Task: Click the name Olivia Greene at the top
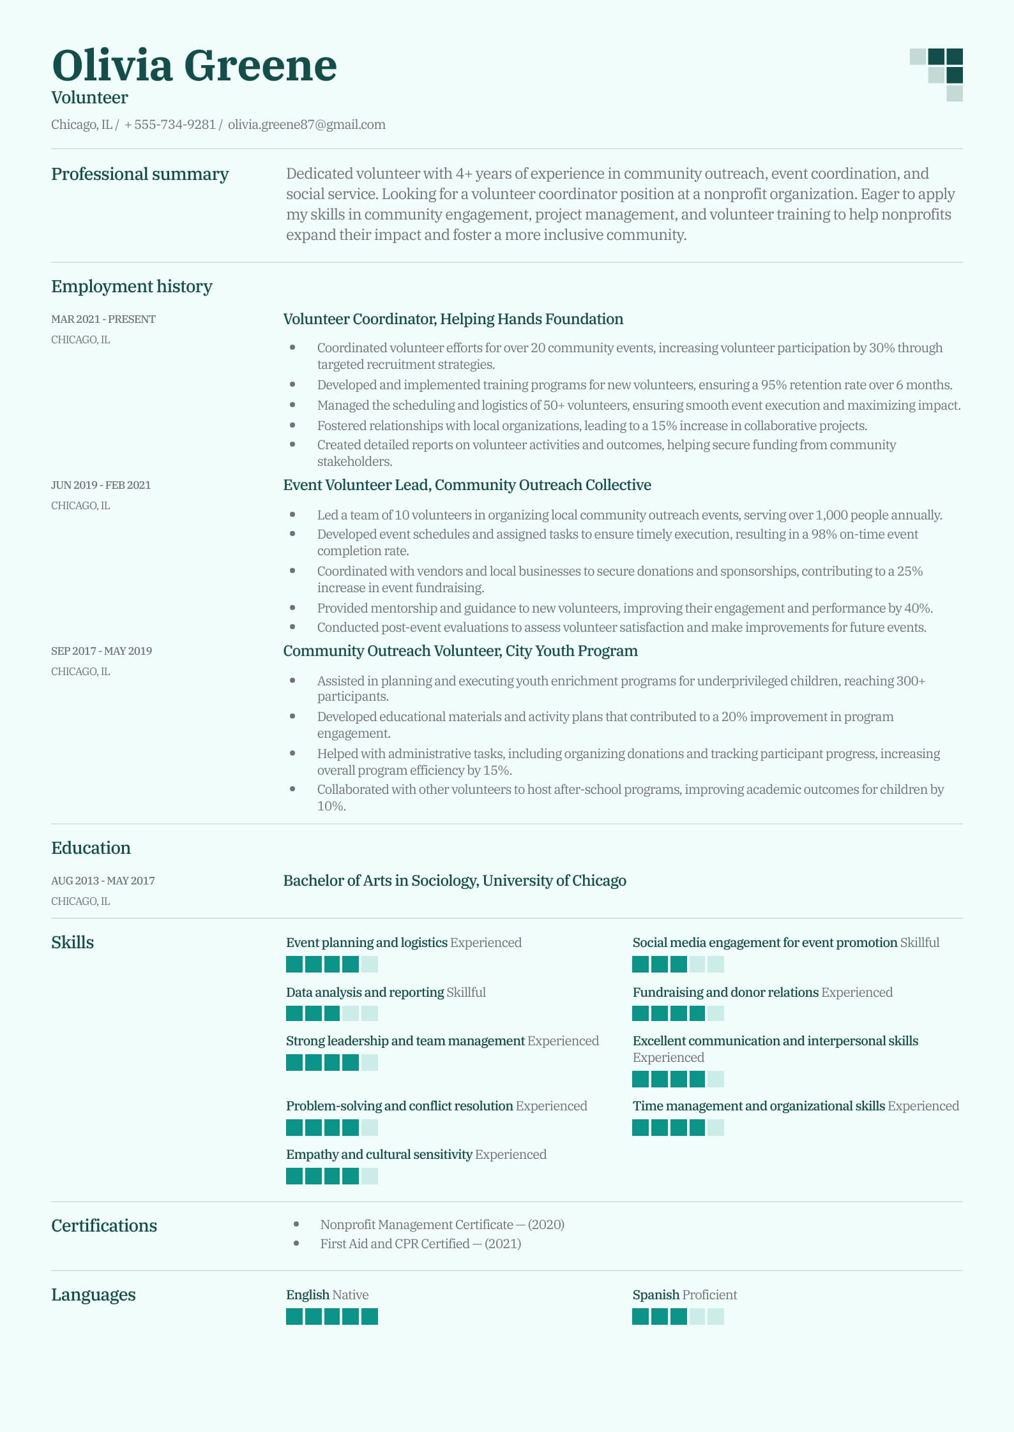[x=194, y=65]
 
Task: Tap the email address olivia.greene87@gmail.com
[x=306, y=124]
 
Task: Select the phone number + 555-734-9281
[x=170, y=124]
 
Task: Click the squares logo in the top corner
[x=937, y=74]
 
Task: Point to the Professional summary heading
[x=140, y=174]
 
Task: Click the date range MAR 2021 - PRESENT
[x=103, y=319]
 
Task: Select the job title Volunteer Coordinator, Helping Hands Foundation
[x=453, y=319]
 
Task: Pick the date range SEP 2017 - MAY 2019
[x=102, y=651]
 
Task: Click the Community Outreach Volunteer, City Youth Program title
[x=460, y=651]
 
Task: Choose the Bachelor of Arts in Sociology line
[x=454, y=881]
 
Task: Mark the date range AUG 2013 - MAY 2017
[x=103, y=881]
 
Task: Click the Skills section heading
[x=72, y=943]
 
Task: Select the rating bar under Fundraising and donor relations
[x=677, y=1013]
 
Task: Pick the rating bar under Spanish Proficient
[x=677, y=1316]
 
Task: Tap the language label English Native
[x=327, y=1295]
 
